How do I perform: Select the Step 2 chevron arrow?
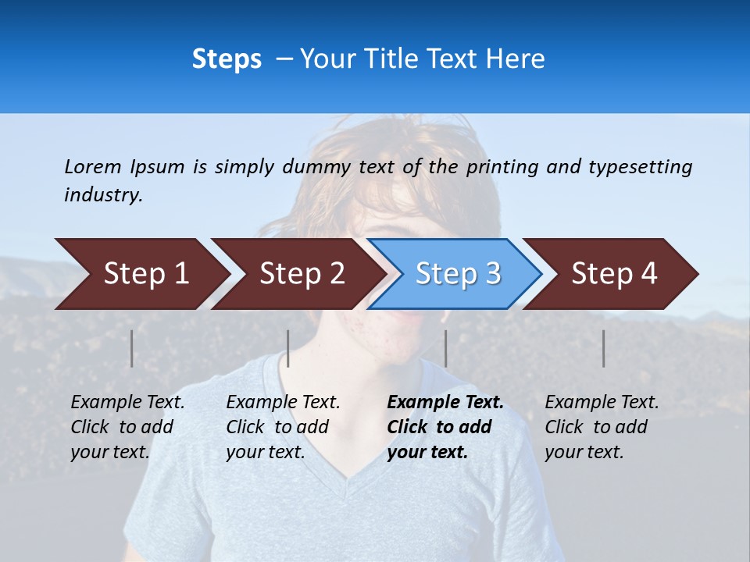(300, 274)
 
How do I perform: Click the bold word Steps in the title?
(227, 59)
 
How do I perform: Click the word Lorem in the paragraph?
(93, 166)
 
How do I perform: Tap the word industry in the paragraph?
(103, 195)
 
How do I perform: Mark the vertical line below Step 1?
(132, 348)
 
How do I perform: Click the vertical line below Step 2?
(288, 348)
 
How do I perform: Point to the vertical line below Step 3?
(446, 348)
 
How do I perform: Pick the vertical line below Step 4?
(603, 348)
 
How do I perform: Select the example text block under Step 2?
(282, 427)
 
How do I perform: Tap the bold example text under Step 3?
(445, 427)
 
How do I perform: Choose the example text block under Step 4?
(601, 427)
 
